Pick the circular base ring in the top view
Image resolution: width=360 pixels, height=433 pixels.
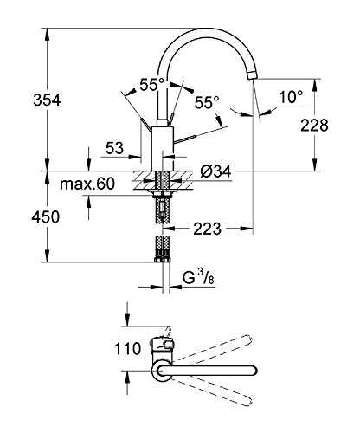pos(163,373)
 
